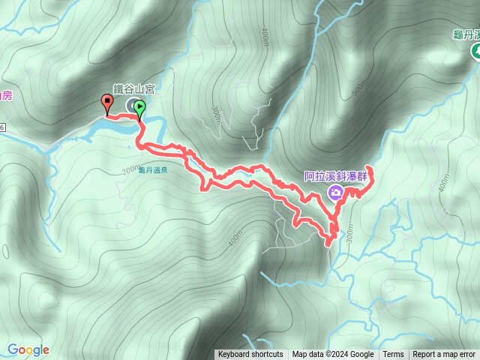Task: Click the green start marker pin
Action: point(139,109)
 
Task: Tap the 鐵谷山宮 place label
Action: point(133,88)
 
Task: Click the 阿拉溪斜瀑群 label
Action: point(336,177)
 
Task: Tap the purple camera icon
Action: point(336,193)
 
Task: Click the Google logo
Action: point(28,349)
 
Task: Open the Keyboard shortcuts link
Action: point(250,355)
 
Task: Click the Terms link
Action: point(393,355)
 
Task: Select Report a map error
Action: point(444,355)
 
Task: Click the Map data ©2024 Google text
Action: point(333,355)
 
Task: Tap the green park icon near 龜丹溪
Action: point(475,52)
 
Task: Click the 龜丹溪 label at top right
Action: point(466,34)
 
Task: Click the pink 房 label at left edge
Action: point(6,95)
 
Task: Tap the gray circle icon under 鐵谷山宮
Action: point(133,105)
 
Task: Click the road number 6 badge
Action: point(2,128)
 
